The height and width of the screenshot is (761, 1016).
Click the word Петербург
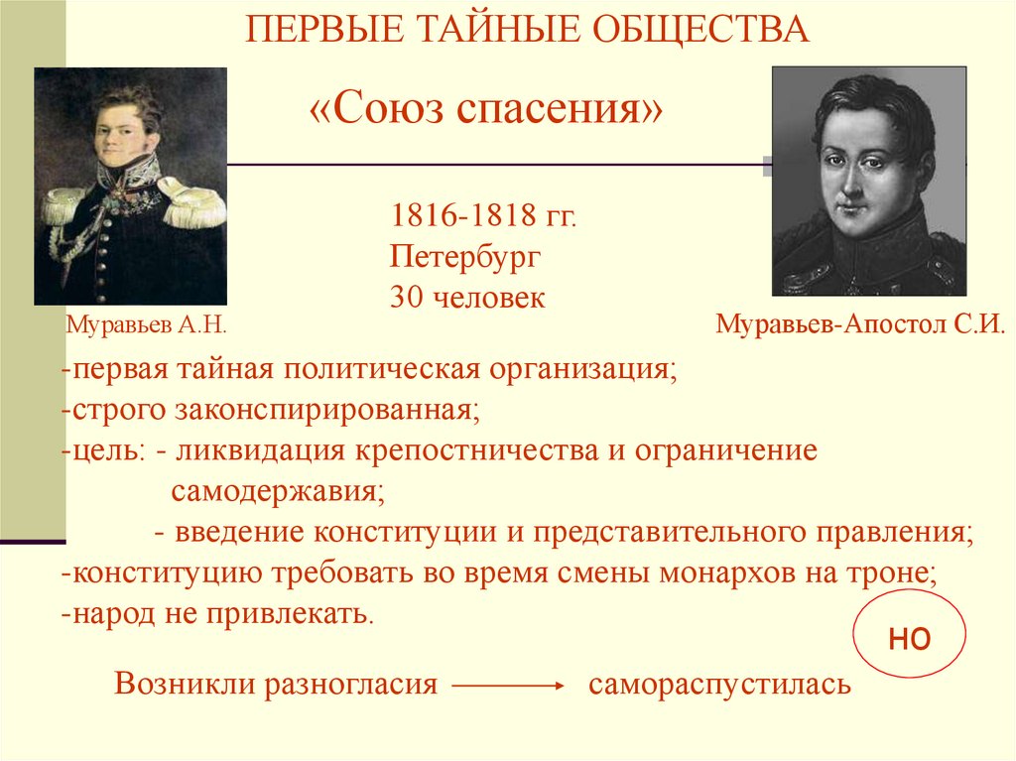[464, 258]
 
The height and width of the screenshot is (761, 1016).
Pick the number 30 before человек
[406, 298]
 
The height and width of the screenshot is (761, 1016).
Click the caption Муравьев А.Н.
[147, 323]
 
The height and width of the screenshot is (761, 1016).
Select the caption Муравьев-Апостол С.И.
[860, 323]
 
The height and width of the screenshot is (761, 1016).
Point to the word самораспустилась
[719, 686]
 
